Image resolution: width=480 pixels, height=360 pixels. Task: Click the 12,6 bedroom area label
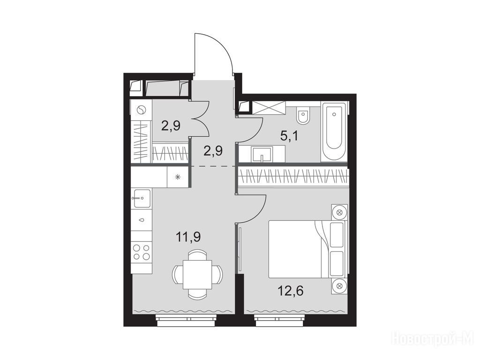tap(291, 291)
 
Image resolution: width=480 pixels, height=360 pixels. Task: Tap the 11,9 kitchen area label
tap(188, 237)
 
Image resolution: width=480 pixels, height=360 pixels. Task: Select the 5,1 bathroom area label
tap(289, 135)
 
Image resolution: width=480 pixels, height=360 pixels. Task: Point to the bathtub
tap(334, 132)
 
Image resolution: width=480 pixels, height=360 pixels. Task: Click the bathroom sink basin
tap(262, 154)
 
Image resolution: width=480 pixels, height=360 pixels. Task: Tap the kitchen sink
tap(141, 198)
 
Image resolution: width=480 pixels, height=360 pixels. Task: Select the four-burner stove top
tap(142, 252)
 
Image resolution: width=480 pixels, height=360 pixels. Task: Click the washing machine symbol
tap(141, 110)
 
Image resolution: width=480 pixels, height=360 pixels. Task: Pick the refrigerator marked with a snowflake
tap(177, 177)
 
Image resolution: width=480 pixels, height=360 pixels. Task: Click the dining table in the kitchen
tap(197, 274)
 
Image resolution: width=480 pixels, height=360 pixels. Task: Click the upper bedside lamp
tap(339, 212)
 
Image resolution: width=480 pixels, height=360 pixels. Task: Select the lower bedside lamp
tap(339, 286)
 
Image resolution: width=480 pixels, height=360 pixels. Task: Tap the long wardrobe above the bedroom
tap(293, 177)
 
